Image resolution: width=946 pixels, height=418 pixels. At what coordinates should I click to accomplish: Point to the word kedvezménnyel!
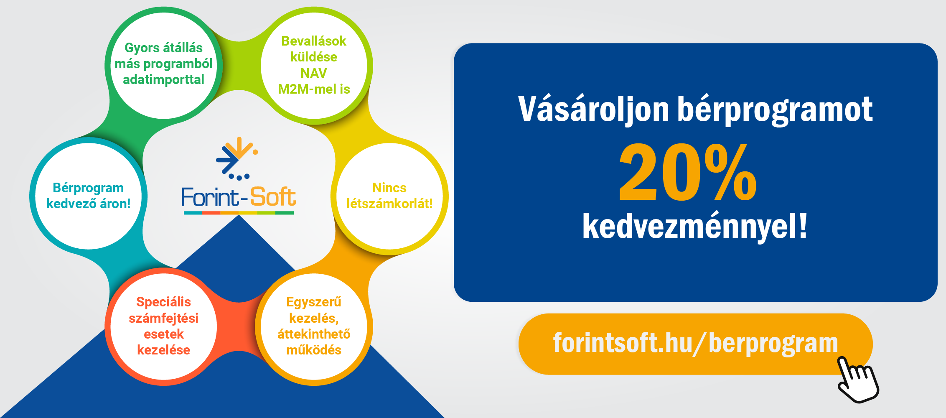tap(695, 226)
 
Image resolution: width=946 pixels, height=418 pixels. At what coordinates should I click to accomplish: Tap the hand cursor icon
tap(858, 380)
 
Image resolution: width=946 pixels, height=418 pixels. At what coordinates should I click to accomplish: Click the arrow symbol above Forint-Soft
tap(237, 158)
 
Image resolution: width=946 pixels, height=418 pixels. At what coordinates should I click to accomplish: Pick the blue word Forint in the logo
tap(211, 197)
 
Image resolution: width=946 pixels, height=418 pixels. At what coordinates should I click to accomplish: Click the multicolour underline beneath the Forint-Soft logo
tap(239, 213)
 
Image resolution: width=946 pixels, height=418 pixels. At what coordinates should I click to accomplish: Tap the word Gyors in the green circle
tap(142, 48)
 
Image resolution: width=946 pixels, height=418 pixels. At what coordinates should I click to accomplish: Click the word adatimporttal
tap(163, 79)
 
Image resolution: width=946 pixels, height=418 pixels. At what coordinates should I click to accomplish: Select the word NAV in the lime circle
tap(313, 73)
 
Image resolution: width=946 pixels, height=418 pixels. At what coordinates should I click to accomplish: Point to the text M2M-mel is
tap(314, 89)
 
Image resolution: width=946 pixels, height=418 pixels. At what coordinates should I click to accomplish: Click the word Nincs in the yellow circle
tap(389, 188)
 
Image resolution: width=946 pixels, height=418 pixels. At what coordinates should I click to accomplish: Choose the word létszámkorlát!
tap(389, 204)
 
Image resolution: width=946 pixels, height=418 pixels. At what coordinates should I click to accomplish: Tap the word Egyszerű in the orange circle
tap(314, 302)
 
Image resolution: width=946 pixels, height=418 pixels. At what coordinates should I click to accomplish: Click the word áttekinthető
tap(314, 334)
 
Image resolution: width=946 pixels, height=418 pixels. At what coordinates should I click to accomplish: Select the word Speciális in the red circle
tap(163, 302)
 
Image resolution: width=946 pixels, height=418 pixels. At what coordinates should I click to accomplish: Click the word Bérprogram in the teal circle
tap(88, 188)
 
